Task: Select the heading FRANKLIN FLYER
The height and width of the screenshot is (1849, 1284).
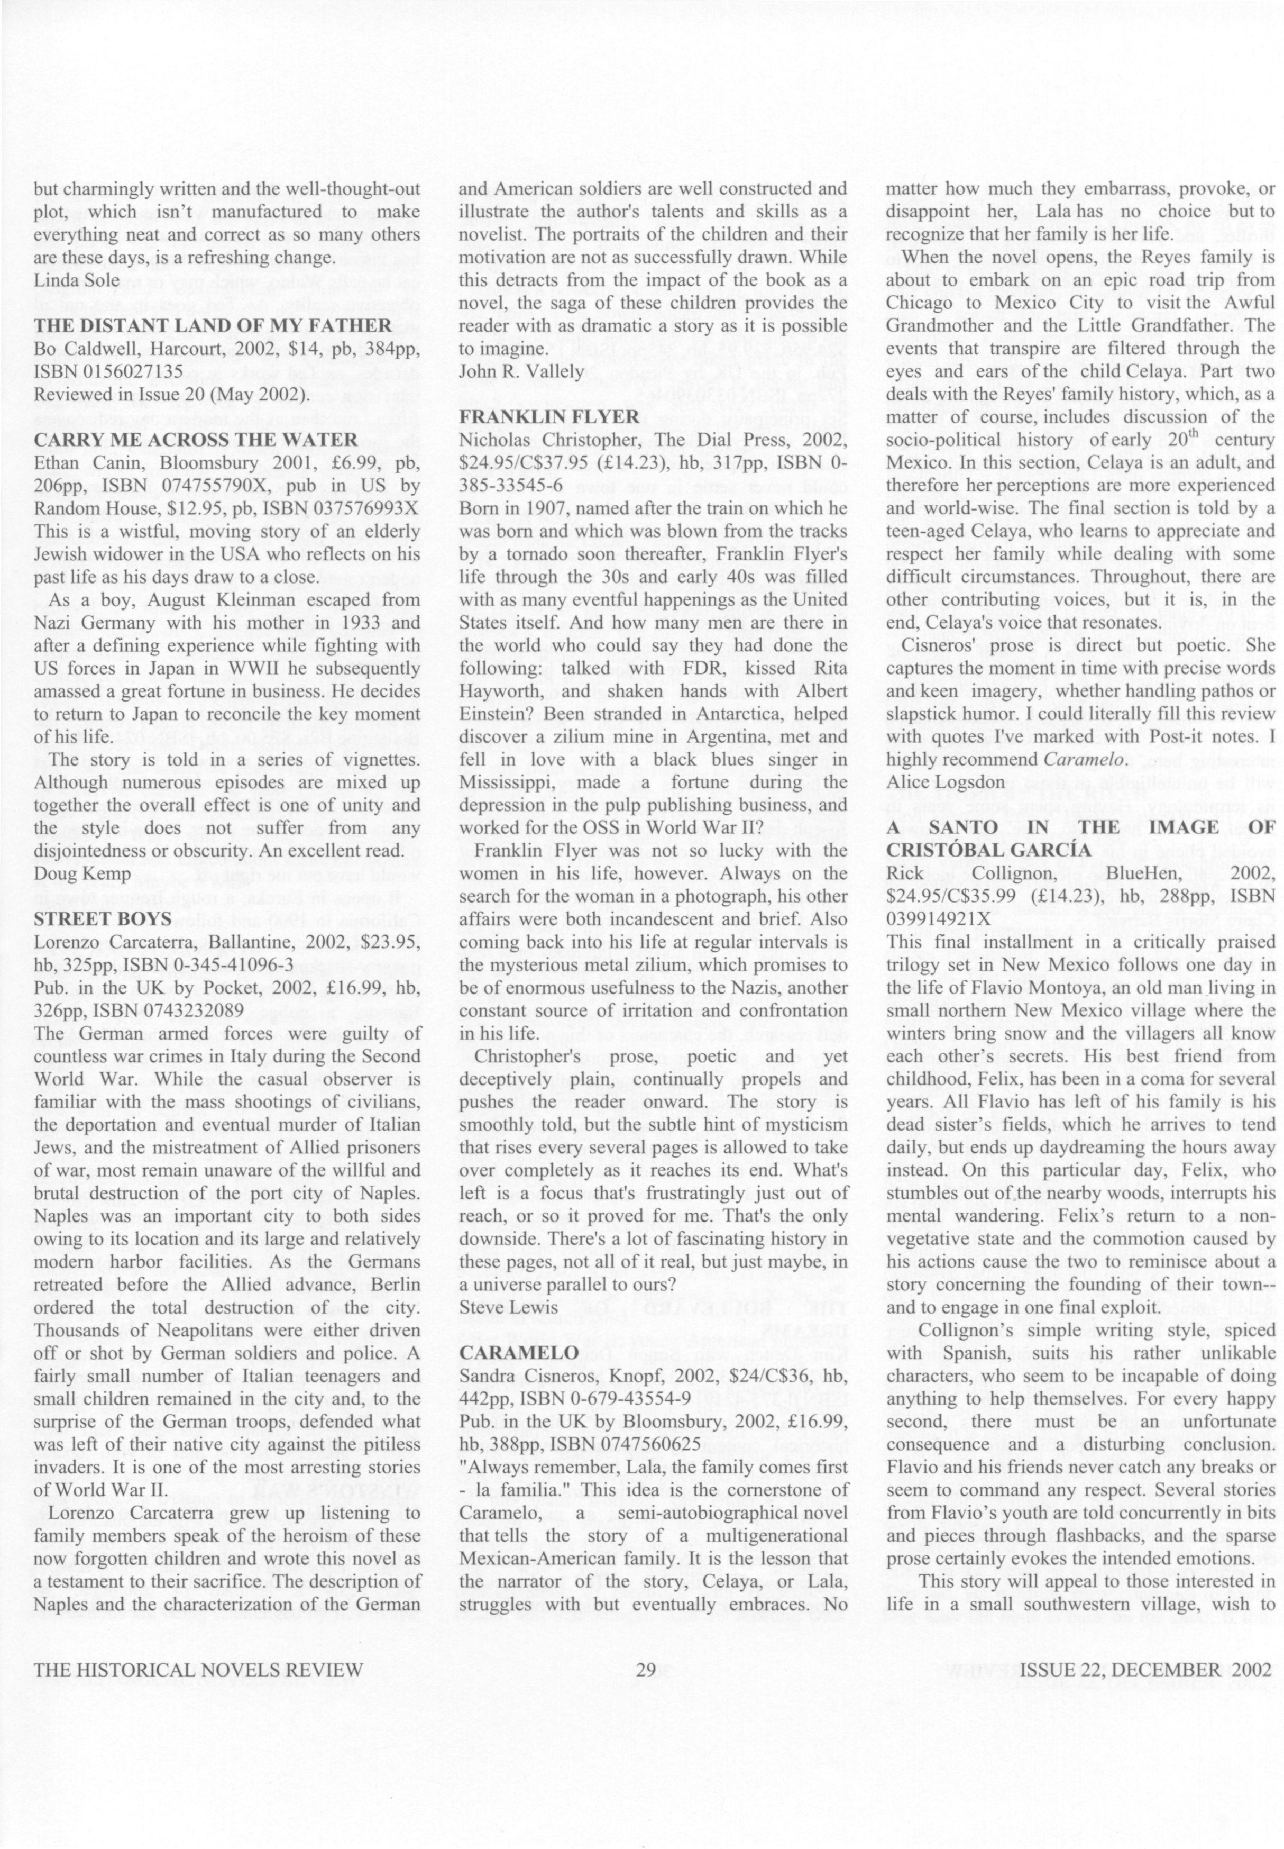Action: point(549,416)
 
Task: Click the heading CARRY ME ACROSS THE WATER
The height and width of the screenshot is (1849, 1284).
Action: point(196,439)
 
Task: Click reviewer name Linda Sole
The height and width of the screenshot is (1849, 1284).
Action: point(77,280)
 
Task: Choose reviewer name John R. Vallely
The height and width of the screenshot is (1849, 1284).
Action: point(520,371)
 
